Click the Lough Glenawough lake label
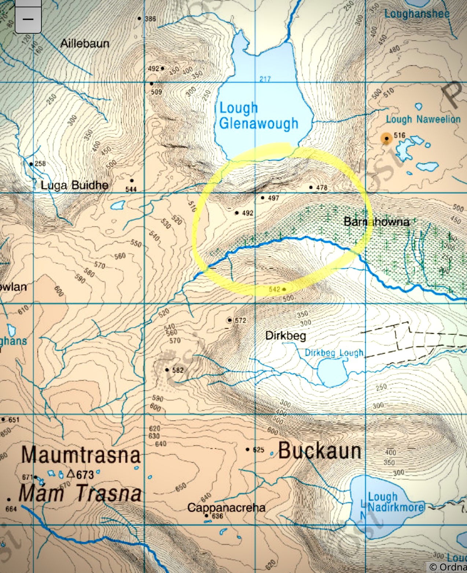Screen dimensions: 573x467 point(258,116)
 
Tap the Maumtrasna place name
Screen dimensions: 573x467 point(81,455)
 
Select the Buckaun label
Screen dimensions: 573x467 point(320,450)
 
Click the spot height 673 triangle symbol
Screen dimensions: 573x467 point(71,474)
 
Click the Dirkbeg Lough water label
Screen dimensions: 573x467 point(334,353)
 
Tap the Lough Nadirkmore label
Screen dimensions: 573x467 point(395,502)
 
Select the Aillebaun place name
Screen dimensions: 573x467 point(85,44)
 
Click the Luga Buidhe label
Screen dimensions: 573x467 point(74,185)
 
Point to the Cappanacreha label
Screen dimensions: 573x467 point(226,507)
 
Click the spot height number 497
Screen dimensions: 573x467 point(273,198)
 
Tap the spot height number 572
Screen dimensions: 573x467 point(240,320)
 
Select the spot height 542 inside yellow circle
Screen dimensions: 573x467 point(275,289)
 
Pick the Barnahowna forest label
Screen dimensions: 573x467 point(376,222)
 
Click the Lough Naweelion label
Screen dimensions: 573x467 point(423,119)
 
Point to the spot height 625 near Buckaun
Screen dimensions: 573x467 point(258,450)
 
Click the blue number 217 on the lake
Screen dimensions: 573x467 point(265,79)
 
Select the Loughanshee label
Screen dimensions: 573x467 point(416,14)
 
